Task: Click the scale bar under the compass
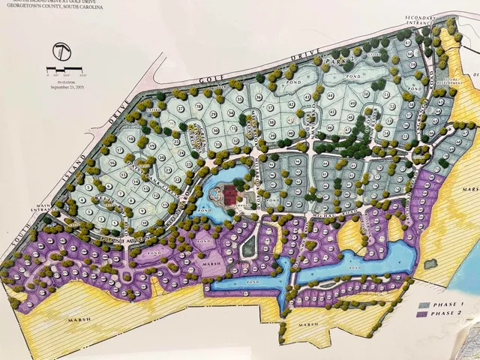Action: (x=65, y=73)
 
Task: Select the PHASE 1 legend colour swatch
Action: (x=424, y=304)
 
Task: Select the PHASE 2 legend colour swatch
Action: (x=424, y=314)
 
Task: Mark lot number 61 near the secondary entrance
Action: (x=428, y=43)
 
